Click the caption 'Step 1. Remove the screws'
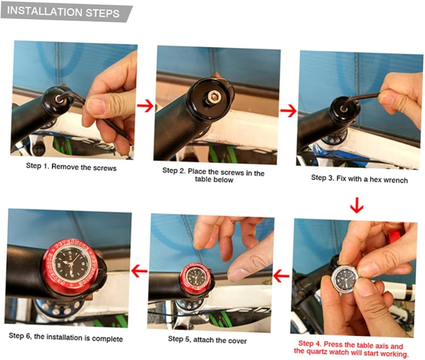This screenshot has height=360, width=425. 71,167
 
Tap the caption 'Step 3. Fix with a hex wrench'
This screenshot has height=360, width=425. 360,179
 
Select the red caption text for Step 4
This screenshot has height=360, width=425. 351,349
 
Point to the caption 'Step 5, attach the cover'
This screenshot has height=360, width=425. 207,340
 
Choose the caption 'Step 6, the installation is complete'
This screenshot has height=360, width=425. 66,337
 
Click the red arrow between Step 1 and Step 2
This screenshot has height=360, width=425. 145,106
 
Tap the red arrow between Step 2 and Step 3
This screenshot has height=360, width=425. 288,111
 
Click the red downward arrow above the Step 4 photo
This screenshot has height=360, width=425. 357,205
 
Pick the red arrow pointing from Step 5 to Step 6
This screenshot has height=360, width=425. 139,271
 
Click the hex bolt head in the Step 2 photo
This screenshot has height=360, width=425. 212,97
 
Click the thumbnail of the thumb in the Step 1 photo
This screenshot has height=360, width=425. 95,106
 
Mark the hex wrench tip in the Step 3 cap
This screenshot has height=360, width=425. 344,109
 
